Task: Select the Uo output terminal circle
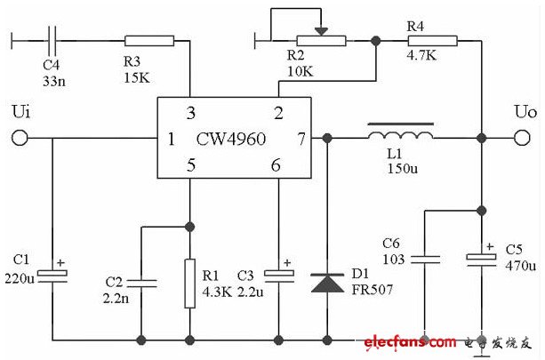tap(523, 138)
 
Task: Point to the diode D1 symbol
tap(327, 283)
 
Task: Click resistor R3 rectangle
tap(149, 39)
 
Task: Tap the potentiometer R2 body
tap(320, 39)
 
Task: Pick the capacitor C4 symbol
tap(52, 39)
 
